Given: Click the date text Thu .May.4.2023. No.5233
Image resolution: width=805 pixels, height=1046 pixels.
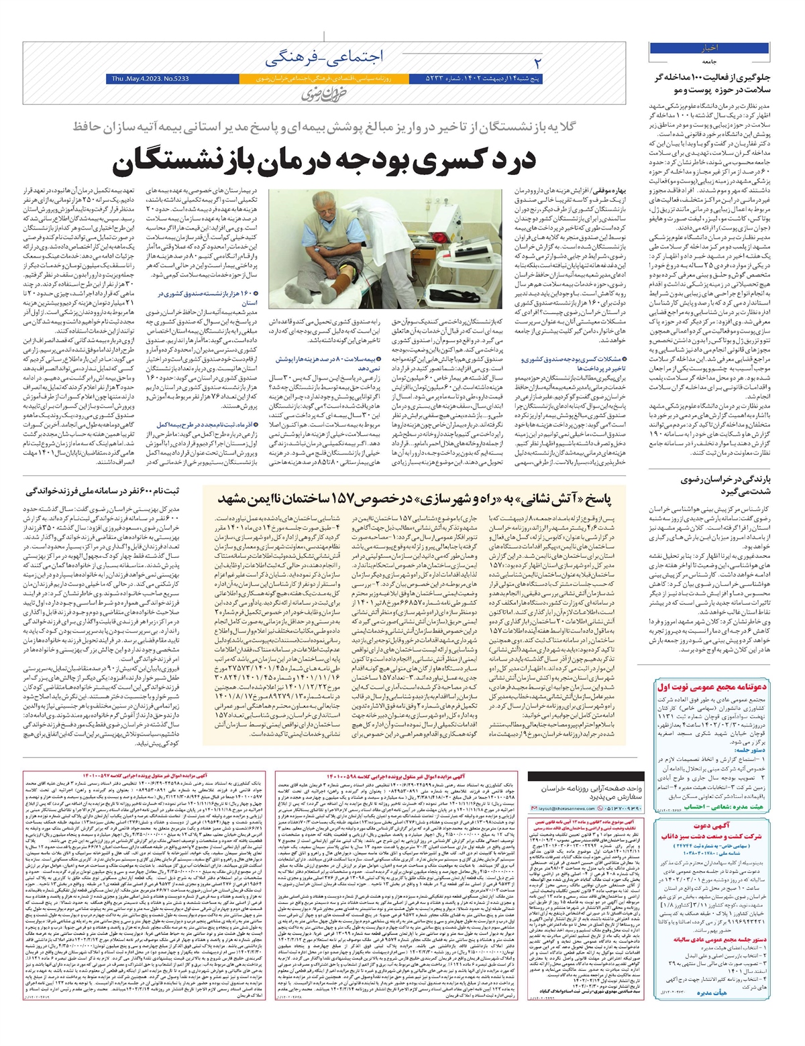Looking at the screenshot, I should coord(148,79).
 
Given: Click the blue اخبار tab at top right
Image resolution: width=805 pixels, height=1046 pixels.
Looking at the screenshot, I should coord(710,48).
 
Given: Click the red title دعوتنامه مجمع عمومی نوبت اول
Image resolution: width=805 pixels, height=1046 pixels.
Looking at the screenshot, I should coord(712,687).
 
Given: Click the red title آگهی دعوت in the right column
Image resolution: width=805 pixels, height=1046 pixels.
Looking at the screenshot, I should coord(711,825).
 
